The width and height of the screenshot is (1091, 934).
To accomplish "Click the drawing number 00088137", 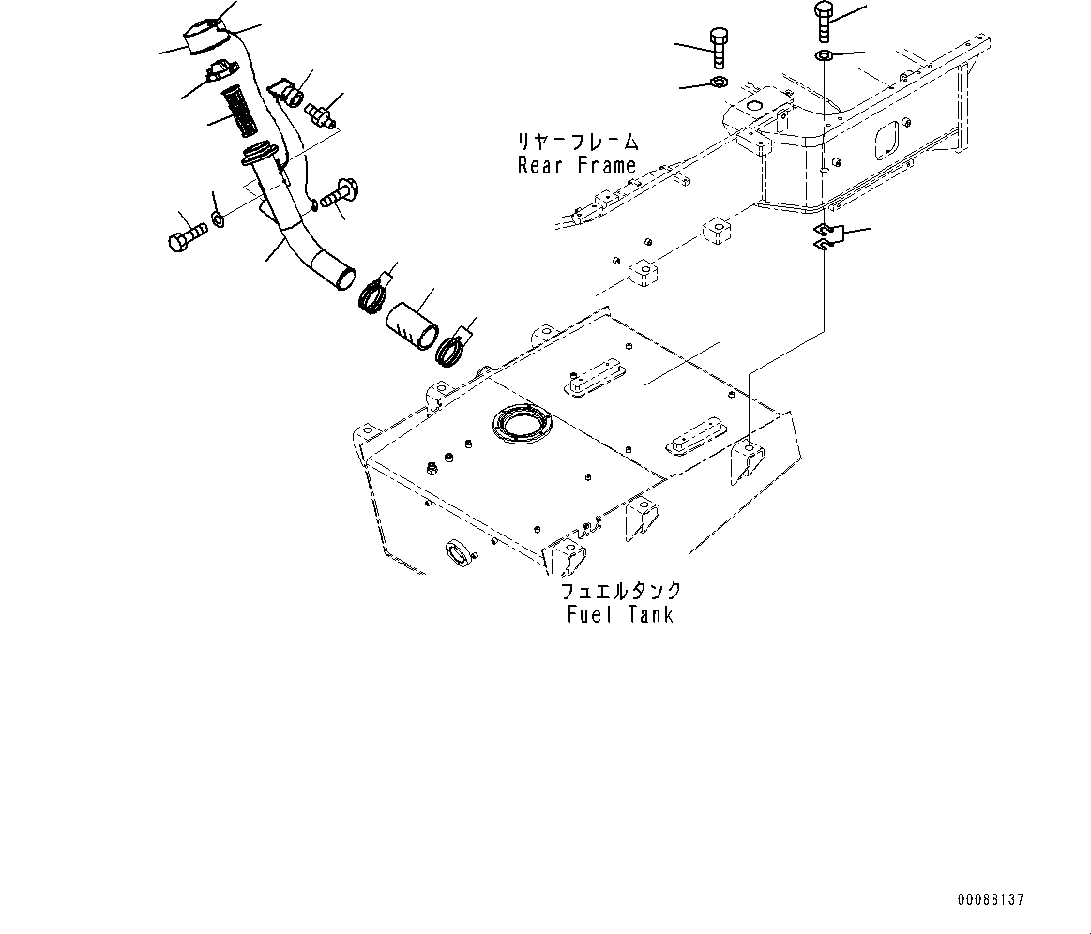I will [990, 899].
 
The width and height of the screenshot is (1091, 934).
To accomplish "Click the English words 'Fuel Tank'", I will [620, 615].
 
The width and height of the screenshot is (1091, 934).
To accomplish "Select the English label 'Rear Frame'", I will [576, 165].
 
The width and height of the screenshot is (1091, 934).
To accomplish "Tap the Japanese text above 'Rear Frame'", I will [576, 143].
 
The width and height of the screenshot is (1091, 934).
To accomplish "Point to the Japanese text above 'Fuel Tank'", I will [620, 592].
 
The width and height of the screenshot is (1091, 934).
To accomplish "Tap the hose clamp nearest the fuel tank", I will [453, 351].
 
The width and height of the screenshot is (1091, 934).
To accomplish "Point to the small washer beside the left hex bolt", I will [218, 220].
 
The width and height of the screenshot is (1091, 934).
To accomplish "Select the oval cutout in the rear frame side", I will [886, 140].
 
